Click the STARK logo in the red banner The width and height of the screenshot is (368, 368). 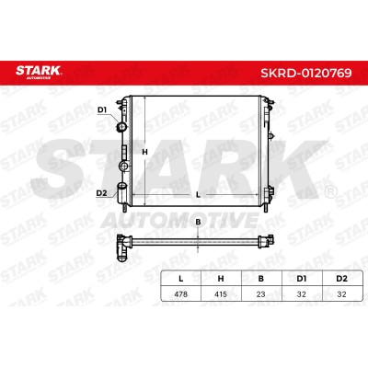click(x=39, y=73)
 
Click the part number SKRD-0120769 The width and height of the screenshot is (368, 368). click(x=306, y=73)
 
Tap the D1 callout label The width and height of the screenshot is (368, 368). click(x=102, y=109)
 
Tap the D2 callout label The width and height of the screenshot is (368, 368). click(x=101, y=193)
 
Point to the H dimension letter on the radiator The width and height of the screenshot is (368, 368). click(x=145, y=152)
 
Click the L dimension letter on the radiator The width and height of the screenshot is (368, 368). click(x=198, y=194)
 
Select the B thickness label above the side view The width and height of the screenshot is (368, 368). click(x=198, y=223)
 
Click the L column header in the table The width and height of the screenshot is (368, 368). click(x=181, y=279)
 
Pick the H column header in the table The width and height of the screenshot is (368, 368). click(x=221, y=279)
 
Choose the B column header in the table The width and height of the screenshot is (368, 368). click(x=260, y=279)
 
